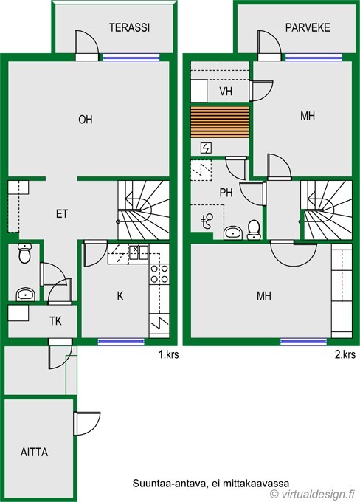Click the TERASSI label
pyautogui.click(x=129, y=27)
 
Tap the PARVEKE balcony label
pyautogui.click(x=308, y=27)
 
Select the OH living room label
pyautogui.click(x=86, y=120)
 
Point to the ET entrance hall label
pyautogui.click(x=62, y=214)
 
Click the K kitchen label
pyautogui.click(x=120, y=296)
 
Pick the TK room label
pyautogui.click(x=55, y=321)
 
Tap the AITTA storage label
pyautogui.click(x=34, y=452)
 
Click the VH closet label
pyautogui.click(x=226, y=92)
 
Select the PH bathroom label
pyautogui.click(x=226, y=193)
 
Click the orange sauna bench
pyautogui.click(x=220, y=122)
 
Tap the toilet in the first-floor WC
pyautogui.click(x=24, y=253)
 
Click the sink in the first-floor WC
pyautogui.click(x=25, y=295)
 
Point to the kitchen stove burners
pyautogui.click(x=159, y=274)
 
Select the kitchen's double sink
pyautogui.click(x=138, y=252)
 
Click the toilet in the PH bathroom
pyautogui.click(x=254, y=230)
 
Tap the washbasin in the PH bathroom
pyautogui.click(x=233, y=233)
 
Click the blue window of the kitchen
pyautogui.click(x=121, y=342)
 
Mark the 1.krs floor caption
pyautogui.click(x=169, y=355)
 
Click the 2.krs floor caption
pyautogui.click(x=345, y=355)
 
